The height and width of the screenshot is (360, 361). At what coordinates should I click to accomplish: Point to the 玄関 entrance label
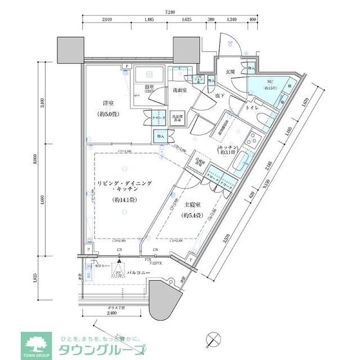[x=230, y=72]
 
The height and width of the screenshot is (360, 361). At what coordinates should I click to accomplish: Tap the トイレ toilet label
[x=252, y=108]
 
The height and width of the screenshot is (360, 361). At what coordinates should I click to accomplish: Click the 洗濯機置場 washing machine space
[x=178, y=116]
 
